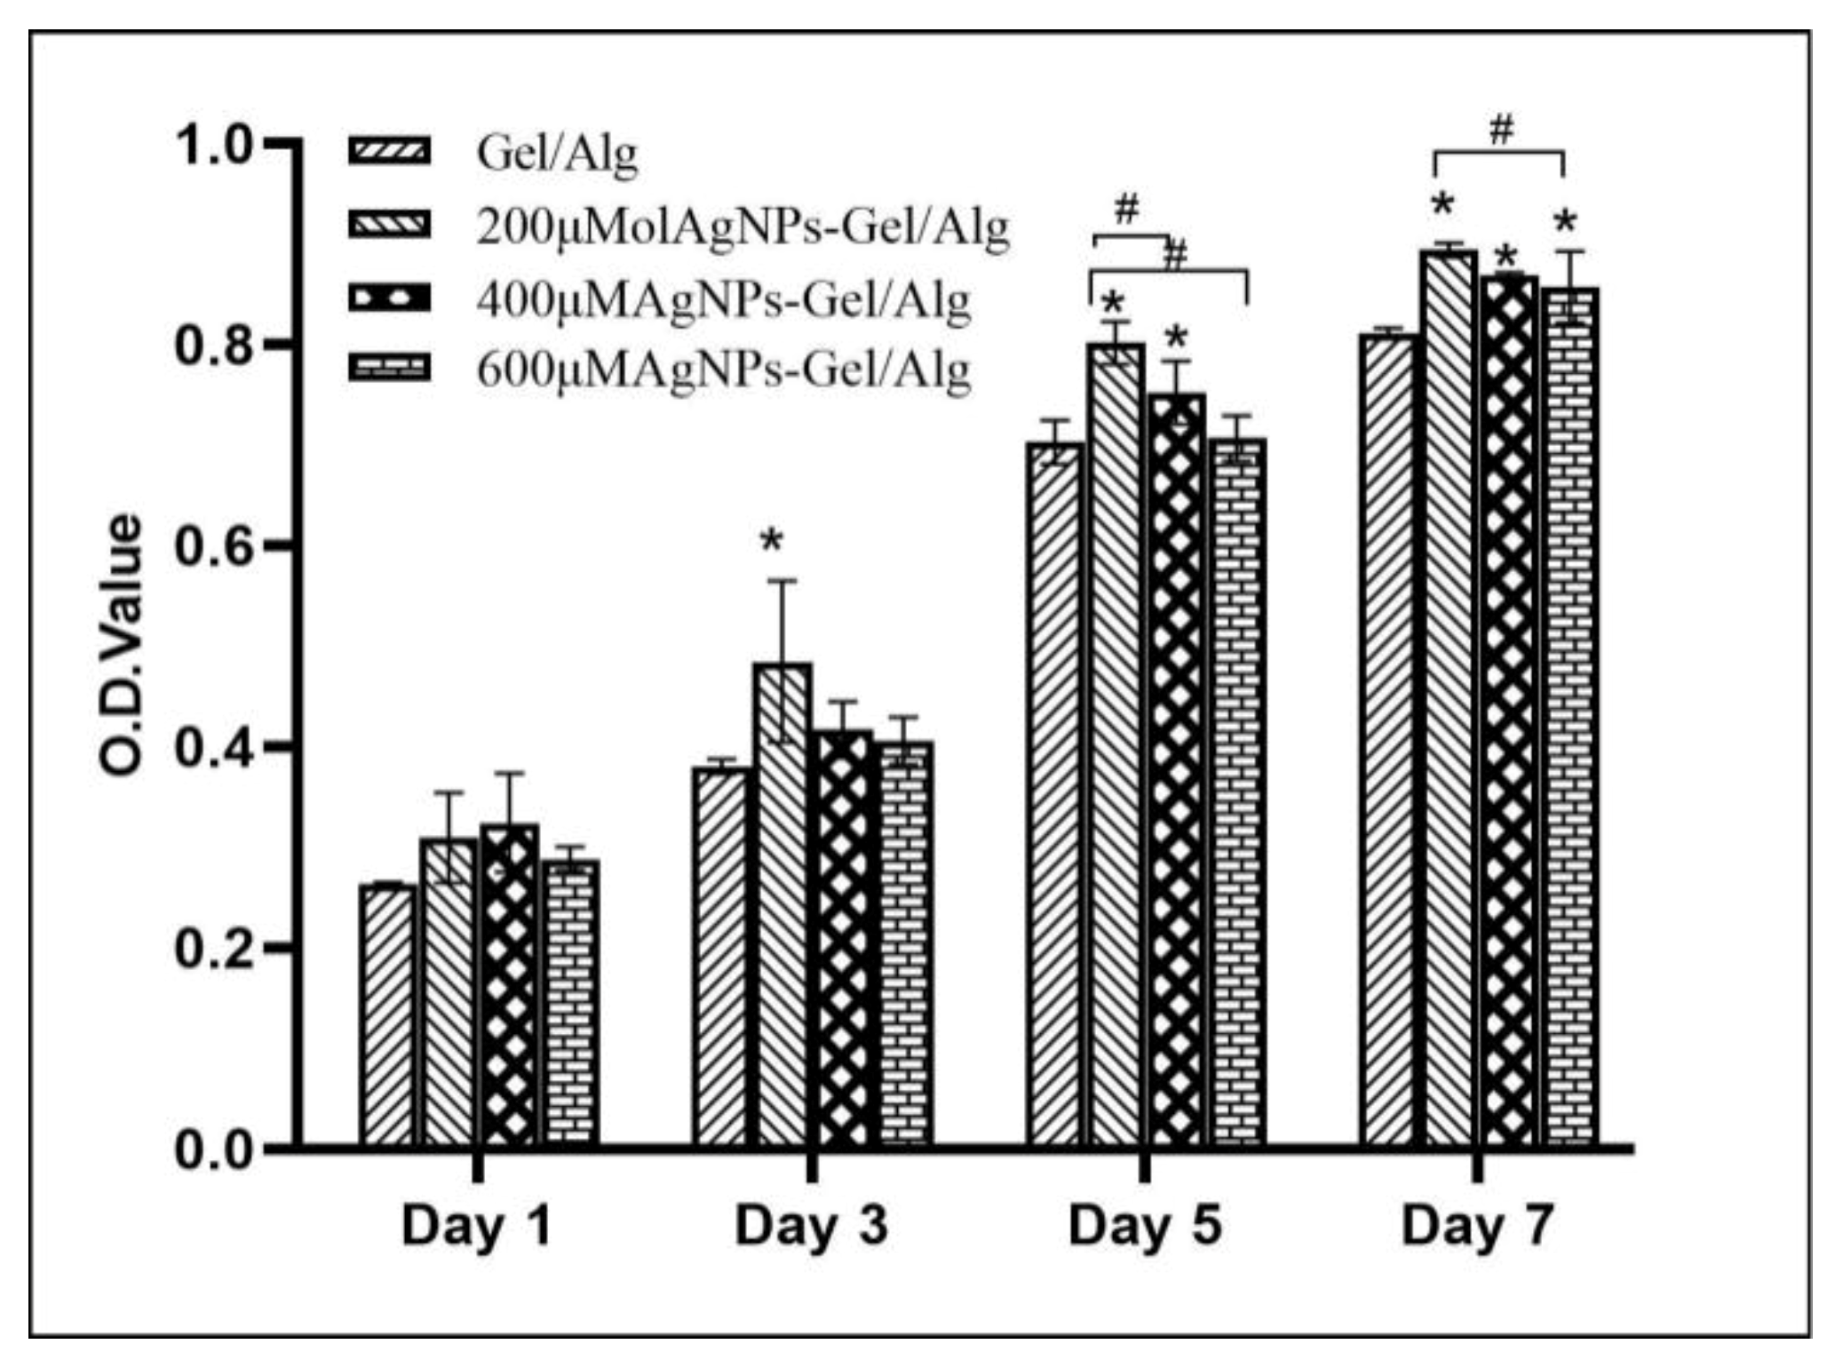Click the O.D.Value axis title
coord(122,646)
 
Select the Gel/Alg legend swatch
coord(390,151)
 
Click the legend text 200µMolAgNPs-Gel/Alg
coord(743,228)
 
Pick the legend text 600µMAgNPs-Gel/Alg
coord(723,370)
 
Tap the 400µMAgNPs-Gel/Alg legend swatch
coord(390,299)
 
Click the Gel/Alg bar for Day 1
coord(387,1014)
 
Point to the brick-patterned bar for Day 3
coord(906,942)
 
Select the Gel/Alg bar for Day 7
coord(1386,737)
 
